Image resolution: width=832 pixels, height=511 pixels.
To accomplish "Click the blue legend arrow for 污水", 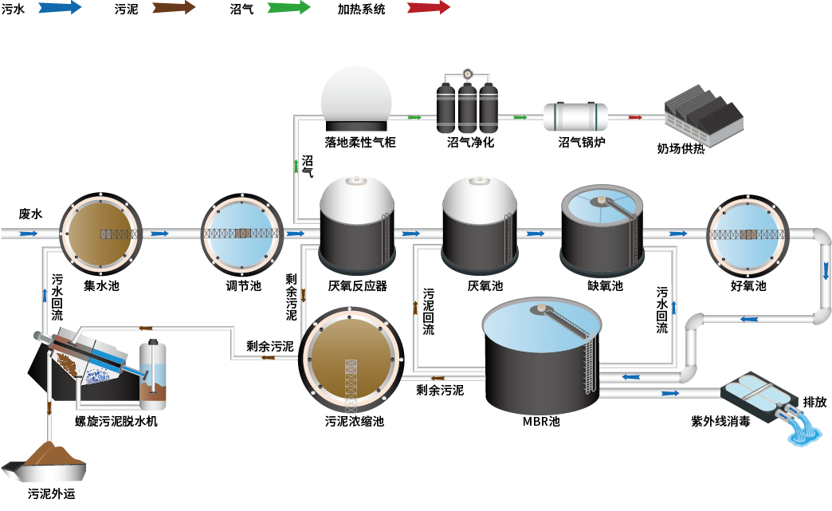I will (x=59, y=8).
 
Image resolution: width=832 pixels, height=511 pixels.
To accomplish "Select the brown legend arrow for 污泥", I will (x=174, y=8).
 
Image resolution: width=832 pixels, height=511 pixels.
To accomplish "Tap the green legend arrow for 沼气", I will (x=288, y=8).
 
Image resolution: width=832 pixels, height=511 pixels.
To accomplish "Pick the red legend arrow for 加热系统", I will (x=428, y=8).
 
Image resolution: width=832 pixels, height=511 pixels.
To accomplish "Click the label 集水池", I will (x=101, y=285).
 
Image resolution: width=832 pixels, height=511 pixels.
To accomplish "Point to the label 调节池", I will (x=243, y=285).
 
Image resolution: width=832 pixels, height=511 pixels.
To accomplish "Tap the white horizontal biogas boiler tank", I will (x=575, y=116).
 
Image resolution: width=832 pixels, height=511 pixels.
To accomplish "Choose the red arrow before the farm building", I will (x=635, y=117).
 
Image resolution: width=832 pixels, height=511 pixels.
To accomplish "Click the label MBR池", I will (x=540, y=420).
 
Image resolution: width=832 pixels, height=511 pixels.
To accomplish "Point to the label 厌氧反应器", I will (x=357, y=285).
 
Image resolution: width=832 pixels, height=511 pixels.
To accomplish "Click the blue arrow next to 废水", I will (x=29, y=234).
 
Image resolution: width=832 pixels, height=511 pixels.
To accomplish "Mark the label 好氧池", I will (x=748, y=285).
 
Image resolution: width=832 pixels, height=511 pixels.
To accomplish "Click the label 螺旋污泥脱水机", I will (x=116, y=420).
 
